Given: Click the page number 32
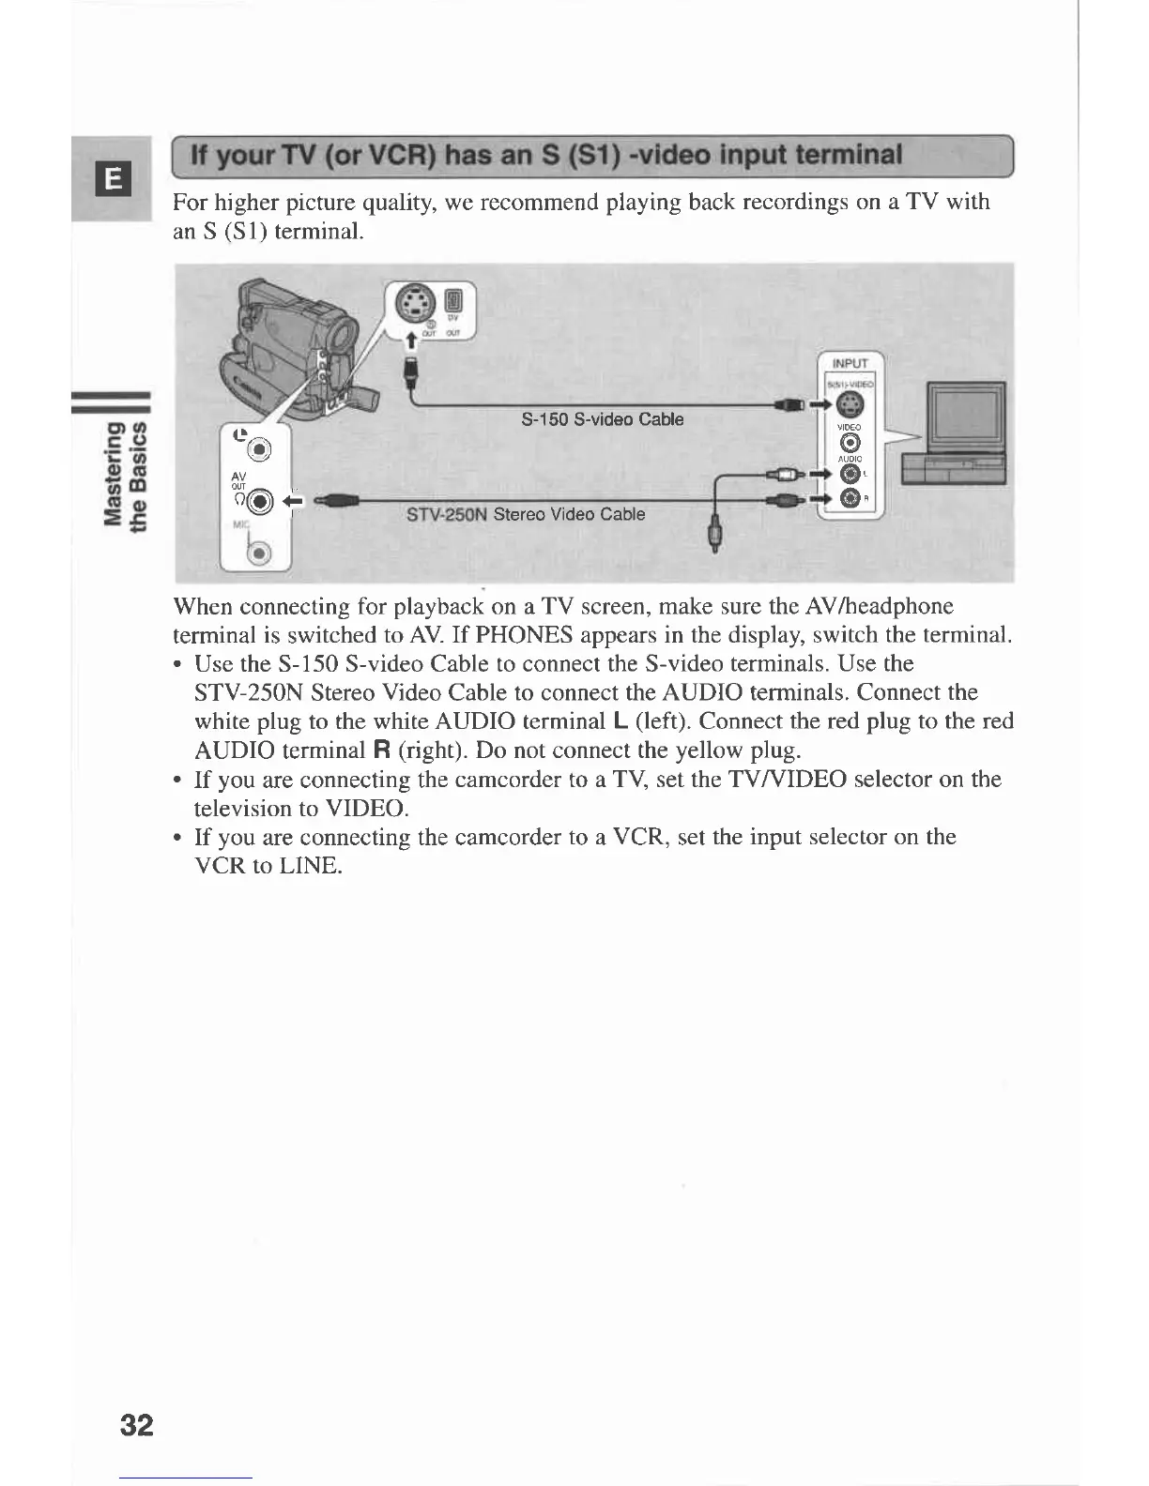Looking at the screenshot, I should (136, 1425).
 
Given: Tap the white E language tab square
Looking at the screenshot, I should (112, 178).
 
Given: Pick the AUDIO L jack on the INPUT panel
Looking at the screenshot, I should (850, 473).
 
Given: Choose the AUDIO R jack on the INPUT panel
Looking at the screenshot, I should (850, 498).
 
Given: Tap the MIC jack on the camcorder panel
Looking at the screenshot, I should (259, 553).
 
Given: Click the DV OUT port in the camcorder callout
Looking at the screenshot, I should (454, 300).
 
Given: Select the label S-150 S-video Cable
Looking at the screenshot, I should (602, 419).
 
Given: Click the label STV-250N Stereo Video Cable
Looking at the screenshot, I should (526, 514).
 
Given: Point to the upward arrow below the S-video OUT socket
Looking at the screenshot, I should (409, 338).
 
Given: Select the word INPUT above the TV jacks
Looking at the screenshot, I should (850, 364).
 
